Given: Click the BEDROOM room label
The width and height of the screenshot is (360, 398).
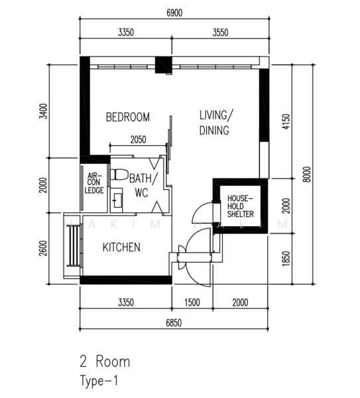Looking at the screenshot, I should (128, 117).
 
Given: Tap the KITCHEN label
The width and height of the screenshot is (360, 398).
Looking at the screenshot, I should (121, 247).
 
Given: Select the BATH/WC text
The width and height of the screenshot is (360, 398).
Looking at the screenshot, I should (143, 185).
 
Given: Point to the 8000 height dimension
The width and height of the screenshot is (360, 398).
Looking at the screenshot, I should (306, 173).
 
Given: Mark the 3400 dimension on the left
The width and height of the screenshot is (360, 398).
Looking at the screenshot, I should (44, 111).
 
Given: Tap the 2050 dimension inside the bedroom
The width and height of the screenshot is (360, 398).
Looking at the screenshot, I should (138, 140).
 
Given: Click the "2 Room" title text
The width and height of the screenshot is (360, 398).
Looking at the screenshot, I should (105, 362).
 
